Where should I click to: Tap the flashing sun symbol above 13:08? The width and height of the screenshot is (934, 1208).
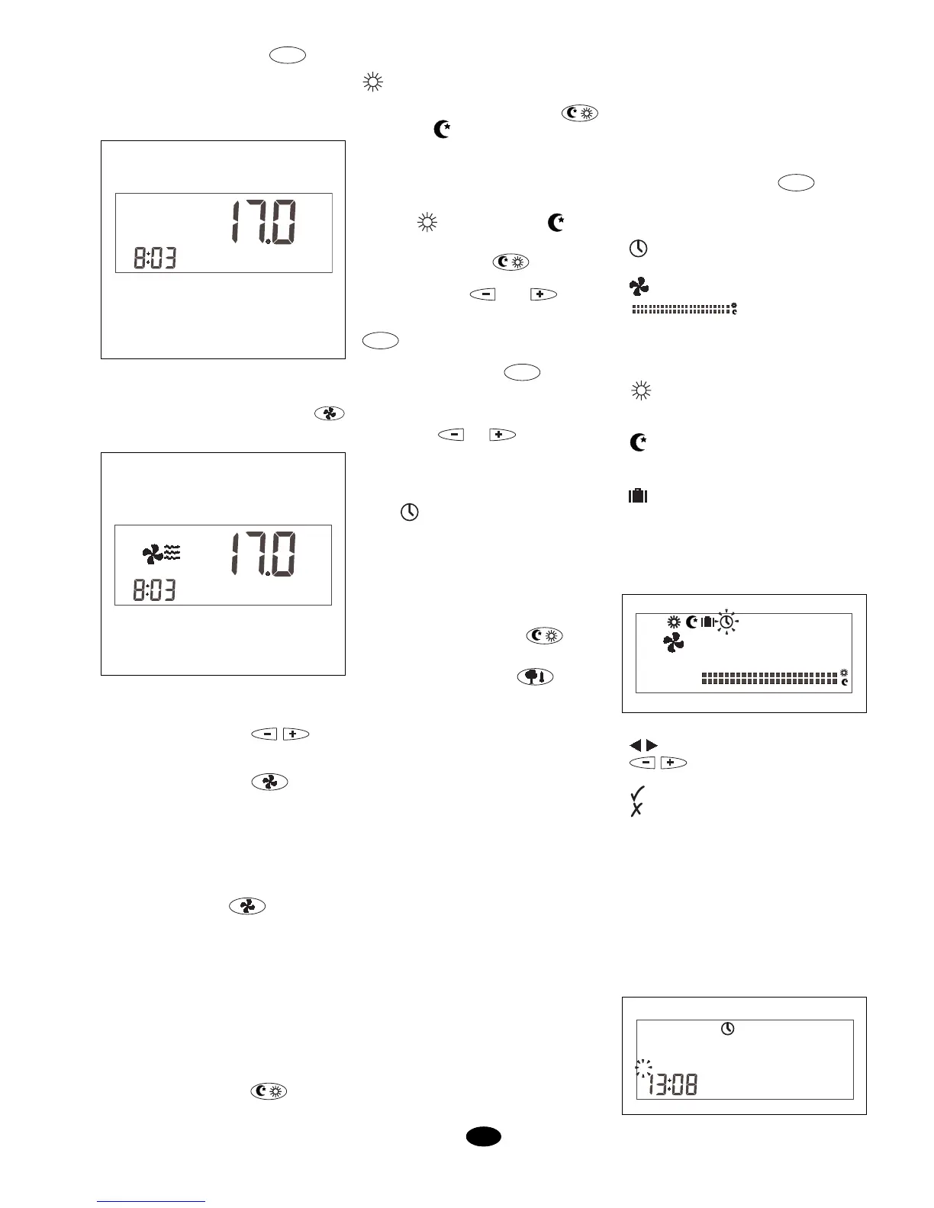point(645,1068)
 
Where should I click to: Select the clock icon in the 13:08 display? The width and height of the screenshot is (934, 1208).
point(728,1029)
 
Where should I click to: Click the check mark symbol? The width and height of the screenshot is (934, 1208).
point(638,792)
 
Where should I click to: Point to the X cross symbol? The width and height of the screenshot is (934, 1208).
point(636,810)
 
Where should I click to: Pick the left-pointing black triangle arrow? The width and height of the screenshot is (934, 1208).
point(636,745)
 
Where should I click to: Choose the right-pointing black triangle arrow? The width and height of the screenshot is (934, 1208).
point(652,745)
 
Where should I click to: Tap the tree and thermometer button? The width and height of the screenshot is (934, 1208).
point(536,676)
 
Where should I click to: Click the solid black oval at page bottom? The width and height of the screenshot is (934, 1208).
point(484,1137)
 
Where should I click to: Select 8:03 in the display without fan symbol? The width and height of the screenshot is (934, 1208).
point(155,259)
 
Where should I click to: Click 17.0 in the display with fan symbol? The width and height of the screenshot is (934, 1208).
point(264,555)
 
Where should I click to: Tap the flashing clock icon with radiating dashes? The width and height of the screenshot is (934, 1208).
point(727,623)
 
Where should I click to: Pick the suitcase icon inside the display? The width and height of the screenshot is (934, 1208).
point(707,622)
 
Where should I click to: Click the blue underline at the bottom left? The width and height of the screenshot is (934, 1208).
point(152,1201)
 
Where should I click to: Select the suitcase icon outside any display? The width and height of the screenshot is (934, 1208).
point(637,496)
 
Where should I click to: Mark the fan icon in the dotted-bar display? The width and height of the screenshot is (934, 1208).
point(673,644)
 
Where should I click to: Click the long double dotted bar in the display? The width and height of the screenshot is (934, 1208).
point(769,678)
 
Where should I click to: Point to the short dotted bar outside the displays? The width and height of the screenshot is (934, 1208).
point(681,310)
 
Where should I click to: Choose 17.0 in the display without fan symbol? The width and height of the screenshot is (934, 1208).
point(264,223)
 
